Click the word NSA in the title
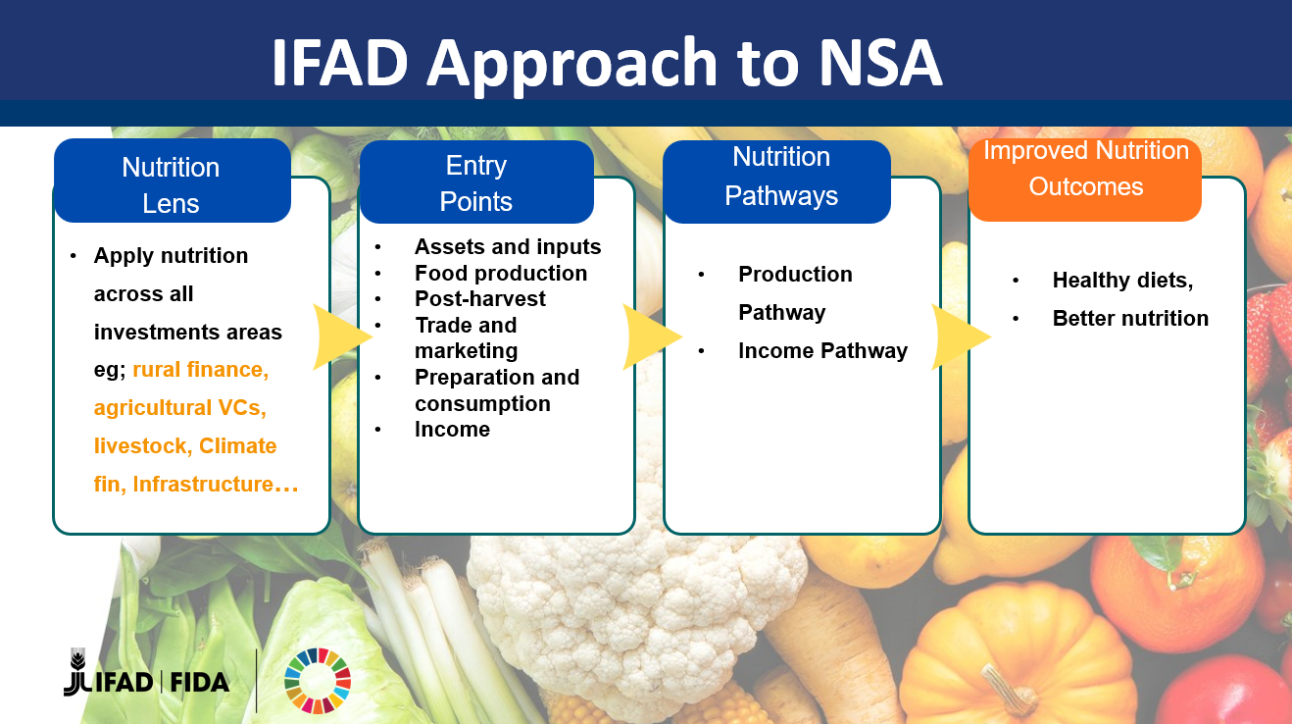pos(880,62)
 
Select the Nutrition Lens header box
pos(172,181)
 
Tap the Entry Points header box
pos(476,181)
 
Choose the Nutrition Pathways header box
pos(777,181)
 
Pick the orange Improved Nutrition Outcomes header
pos(1085,180)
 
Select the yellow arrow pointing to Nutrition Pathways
pos(652,336)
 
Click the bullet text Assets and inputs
pos(508,247)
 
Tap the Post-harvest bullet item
pos(480,298)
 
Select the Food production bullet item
pos(501,273)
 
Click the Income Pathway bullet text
pos(823,350)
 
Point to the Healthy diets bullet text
pos(1122,280)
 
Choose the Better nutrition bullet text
pos(1130,318)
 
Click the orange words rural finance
pos(201,370)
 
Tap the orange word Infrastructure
pos(203,484)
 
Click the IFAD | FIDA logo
pos(146,673)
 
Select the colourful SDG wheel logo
pos(318,681)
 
